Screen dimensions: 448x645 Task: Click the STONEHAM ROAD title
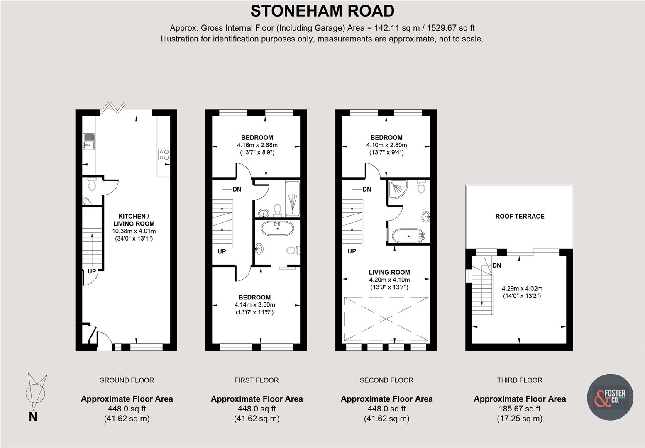322,11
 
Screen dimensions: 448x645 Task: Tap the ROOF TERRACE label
520,216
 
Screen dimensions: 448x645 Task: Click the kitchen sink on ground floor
89,141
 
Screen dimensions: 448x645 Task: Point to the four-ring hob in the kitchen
164,154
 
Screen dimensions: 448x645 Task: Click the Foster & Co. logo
610,397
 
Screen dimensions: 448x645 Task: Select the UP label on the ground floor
92,271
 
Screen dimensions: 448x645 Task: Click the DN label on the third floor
496,265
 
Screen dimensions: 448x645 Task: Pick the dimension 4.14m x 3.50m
254,304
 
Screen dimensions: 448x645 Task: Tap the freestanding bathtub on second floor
409,236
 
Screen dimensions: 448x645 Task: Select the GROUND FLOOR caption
127,380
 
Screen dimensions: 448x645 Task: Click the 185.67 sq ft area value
520,409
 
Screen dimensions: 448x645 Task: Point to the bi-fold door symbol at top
113,107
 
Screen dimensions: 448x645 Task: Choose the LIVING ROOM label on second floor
389,272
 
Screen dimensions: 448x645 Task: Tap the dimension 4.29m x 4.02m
522,289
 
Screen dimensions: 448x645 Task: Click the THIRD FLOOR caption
520,380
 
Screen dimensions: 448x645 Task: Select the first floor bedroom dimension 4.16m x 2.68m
257,145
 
